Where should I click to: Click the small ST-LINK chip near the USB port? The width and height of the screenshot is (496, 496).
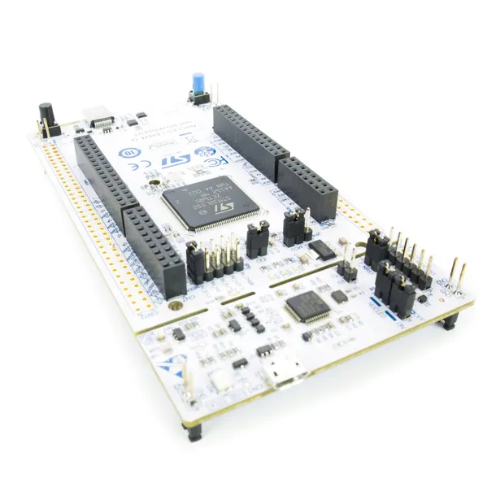pyautogui.click(x=307, y=306)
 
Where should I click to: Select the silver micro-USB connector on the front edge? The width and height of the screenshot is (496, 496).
pyautogui.click(x=285, y=376)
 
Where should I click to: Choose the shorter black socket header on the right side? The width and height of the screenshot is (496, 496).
pyautogui.click(x=308, y=189)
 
